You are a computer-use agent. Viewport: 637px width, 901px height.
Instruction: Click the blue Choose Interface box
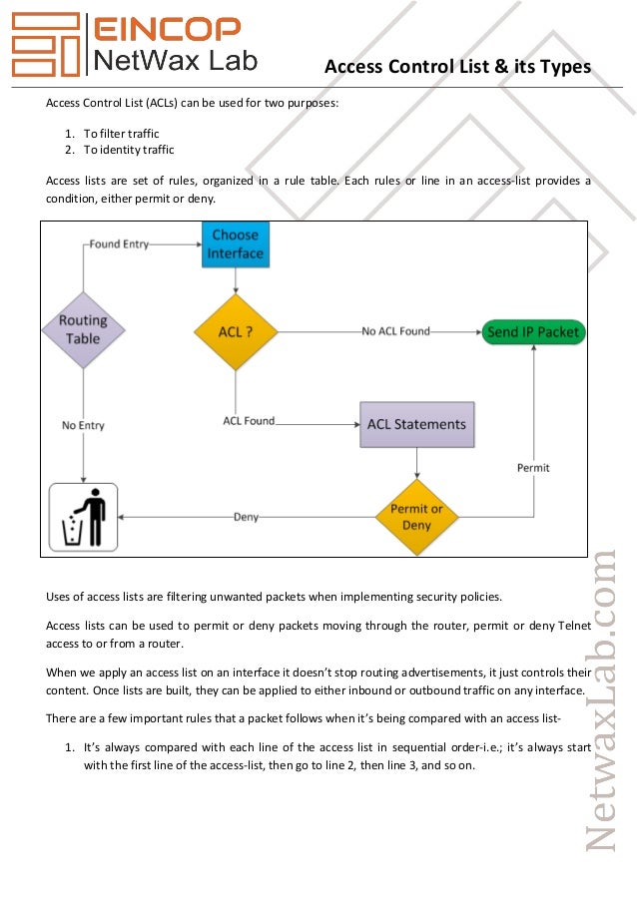[236, 245]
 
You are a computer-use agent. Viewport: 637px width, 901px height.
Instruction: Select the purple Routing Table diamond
[83, 330]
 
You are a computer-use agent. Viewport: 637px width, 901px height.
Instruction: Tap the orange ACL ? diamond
[236, 331]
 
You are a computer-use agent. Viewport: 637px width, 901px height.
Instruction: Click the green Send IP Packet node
[532, 331]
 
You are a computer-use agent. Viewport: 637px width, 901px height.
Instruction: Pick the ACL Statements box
[416, 424]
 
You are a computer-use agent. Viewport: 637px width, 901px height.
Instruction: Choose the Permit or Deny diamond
[416, 517]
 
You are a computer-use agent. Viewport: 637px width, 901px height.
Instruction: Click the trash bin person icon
[84, 517]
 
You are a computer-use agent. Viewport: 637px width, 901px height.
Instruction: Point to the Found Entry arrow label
[118, 243]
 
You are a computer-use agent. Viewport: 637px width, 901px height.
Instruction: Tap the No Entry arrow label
[83, 425]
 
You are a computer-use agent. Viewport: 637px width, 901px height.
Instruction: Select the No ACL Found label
[395, 331]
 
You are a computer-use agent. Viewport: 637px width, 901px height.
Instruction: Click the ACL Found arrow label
[249, 421]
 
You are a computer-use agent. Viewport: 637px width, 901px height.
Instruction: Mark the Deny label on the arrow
[247, 517]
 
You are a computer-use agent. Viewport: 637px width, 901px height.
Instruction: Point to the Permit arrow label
[532, 467]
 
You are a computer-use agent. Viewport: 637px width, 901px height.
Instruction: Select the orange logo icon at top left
[45, 45]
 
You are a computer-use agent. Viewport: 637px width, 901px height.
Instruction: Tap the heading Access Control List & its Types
[458, 67]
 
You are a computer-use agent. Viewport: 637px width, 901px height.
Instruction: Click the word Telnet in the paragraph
[571, 626]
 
